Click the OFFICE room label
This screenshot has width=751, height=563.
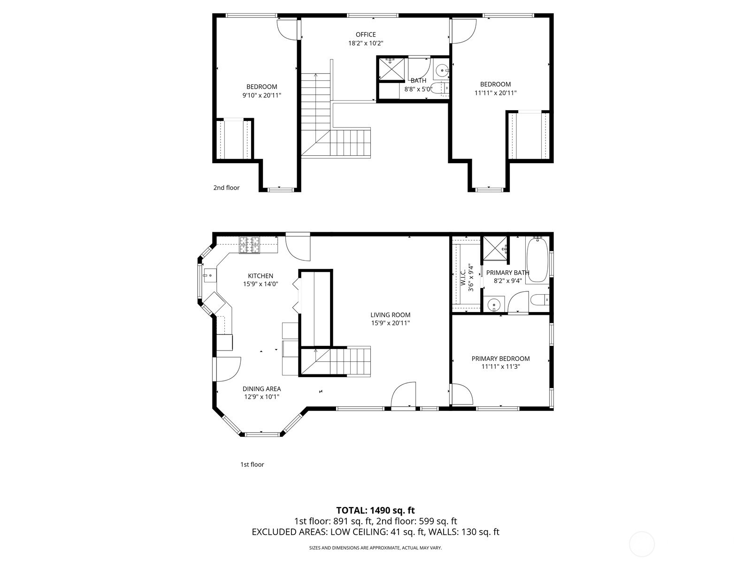coord(365,34)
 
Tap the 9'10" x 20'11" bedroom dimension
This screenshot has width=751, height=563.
coord(261,95)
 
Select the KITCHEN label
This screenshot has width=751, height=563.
coord(261,276)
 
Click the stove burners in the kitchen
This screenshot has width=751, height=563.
coord(249,245)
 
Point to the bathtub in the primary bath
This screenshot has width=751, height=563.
coord(537,260)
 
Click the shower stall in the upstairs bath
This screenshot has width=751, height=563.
coord(391,69)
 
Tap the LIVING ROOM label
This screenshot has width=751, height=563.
coord(390,315)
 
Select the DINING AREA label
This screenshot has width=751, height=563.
coord(261,388)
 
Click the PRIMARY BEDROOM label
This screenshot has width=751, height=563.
coord(500,358)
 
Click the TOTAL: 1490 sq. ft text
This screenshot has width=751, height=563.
coord(375,510)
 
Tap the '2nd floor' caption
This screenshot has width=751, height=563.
coord(226,188)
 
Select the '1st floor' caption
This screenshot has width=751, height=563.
coord(252,464)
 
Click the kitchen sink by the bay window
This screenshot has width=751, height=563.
coord(208,276)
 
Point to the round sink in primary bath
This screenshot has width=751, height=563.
coord(493,305)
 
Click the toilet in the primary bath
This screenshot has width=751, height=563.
coord(540,299)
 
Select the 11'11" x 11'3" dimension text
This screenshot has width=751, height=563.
coord(500,367)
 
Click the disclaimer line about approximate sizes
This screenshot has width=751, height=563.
coord(375,548)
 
